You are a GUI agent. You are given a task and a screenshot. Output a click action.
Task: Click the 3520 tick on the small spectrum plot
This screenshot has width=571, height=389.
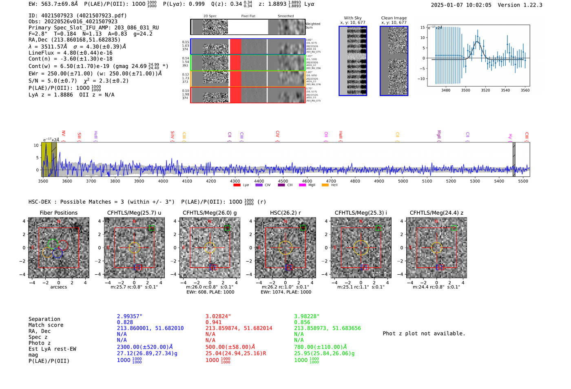485,90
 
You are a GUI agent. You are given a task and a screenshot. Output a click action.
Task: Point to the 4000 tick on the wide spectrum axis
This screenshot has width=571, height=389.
163,181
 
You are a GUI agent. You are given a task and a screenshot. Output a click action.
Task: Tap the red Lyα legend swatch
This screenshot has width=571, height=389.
237,185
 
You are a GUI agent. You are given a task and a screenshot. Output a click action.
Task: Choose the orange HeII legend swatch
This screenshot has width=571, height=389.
325,185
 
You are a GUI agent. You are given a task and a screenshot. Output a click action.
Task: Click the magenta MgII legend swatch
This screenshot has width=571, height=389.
302,185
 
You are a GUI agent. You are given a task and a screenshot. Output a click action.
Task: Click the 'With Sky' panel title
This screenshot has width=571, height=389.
353,18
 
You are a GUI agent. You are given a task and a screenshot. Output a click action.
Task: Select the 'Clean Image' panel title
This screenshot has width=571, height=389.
394,18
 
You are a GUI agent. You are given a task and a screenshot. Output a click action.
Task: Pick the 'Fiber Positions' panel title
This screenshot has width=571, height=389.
58,213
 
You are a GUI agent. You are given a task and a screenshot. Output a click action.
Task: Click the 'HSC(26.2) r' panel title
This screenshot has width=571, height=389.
285,213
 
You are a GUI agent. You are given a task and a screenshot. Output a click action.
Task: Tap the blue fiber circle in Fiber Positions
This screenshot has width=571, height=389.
58,253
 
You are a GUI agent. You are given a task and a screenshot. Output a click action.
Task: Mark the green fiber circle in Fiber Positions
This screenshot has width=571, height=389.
53,244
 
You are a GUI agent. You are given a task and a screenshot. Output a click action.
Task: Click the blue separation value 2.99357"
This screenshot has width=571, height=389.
129,316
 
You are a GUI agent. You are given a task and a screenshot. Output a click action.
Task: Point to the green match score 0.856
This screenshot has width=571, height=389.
302,322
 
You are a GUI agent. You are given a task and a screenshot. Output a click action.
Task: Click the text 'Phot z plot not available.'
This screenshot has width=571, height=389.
424,333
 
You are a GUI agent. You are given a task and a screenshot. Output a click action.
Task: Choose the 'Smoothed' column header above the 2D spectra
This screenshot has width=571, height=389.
285,16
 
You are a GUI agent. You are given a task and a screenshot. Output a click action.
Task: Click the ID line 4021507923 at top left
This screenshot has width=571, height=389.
77,16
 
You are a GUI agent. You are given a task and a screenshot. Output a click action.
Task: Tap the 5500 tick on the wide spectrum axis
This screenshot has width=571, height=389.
523,181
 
